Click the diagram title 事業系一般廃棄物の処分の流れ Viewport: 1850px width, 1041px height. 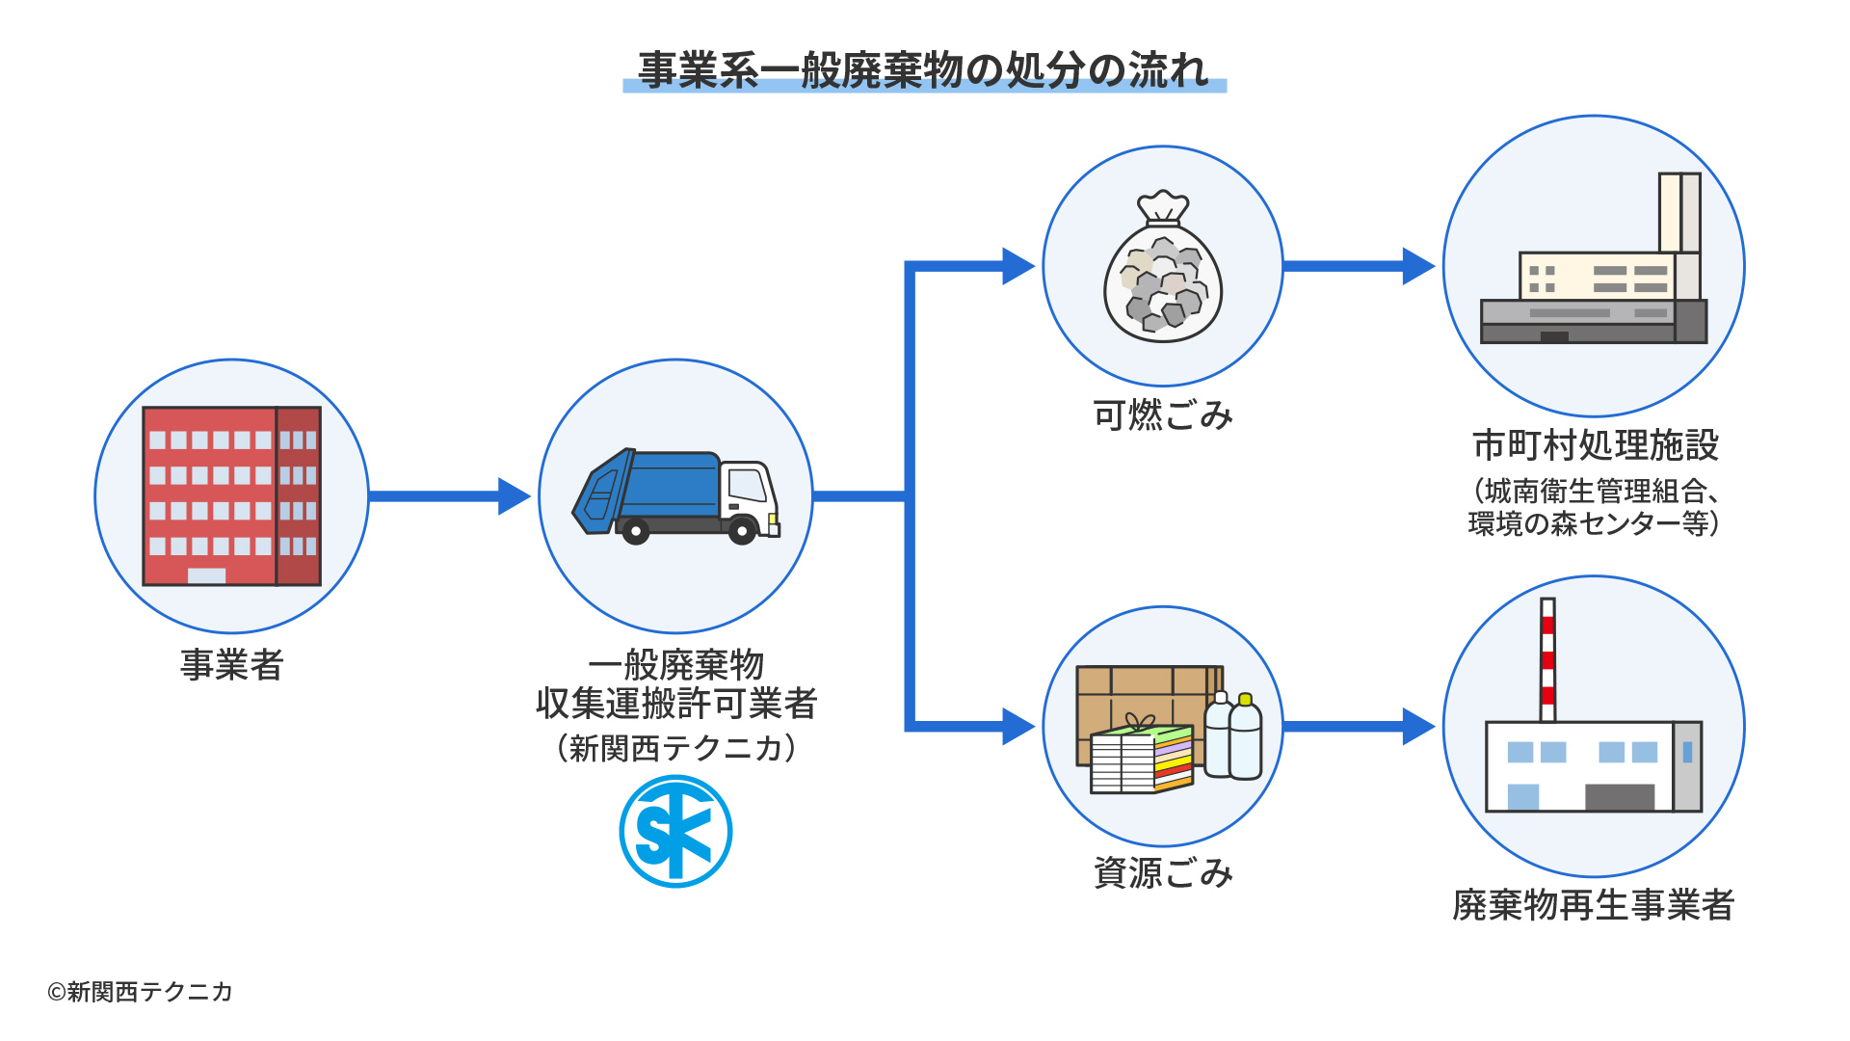click(x=924, y=70)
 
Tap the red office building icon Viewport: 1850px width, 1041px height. click(x=231, y=495)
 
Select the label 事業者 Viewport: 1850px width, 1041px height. click(x=231, y=665)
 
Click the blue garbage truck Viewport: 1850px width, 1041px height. click(x=674, y=495)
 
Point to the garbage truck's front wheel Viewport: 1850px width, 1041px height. click(x=742, y=530)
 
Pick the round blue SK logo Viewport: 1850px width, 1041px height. click(x=675, y=831)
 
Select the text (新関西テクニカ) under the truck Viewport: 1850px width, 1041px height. click(x=675, y=748)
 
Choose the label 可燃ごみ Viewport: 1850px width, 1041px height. click(x=1163, y=415)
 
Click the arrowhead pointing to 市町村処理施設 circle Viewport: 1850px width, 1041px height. click(x=1417, y=266)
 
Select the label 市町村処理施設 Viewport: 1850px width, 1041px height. click(x=1595, y=445)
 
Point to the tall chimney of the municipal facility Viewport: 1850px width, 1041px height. click(x=1679, y=212)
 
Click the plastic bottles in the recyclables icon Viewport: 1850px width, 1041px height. click(x=1234, y=737)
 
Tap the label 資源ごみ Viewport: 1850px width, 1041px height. click(x=1163, y=873)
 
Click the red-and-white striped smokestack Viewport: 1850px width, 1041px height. click(x=1547, y=660)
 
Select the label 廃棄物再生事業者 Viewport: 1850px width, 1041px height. click(x=1594, y=905)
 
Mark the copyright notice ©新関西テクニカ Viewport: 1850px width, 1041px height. click(x=141, y=992)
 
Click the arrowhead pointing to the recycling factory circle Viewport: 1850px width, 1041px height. click(x=1417, y=726)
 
